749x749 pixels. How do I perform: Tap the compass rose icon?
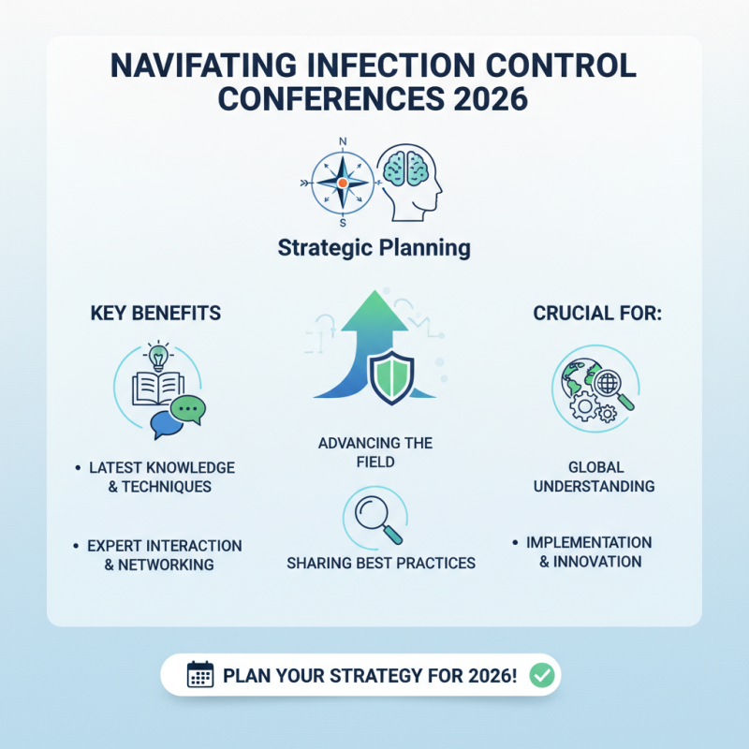342,182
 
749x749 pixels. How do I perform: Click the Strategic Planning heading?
374,249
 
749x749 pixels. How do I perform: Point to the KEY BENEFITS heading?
155,313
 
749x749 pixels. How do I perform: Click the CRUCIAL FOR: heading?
597,313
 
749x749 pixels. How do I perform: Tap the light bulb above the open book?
158,357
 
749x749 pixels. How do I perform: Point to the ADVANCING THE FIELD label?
374,452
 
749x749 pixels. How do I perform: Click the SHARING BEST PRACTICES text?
380,564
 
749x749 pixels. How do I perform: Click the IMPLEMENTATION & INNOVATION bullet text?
588,552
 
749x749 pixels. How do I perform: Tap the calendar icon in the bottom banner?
200,675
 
